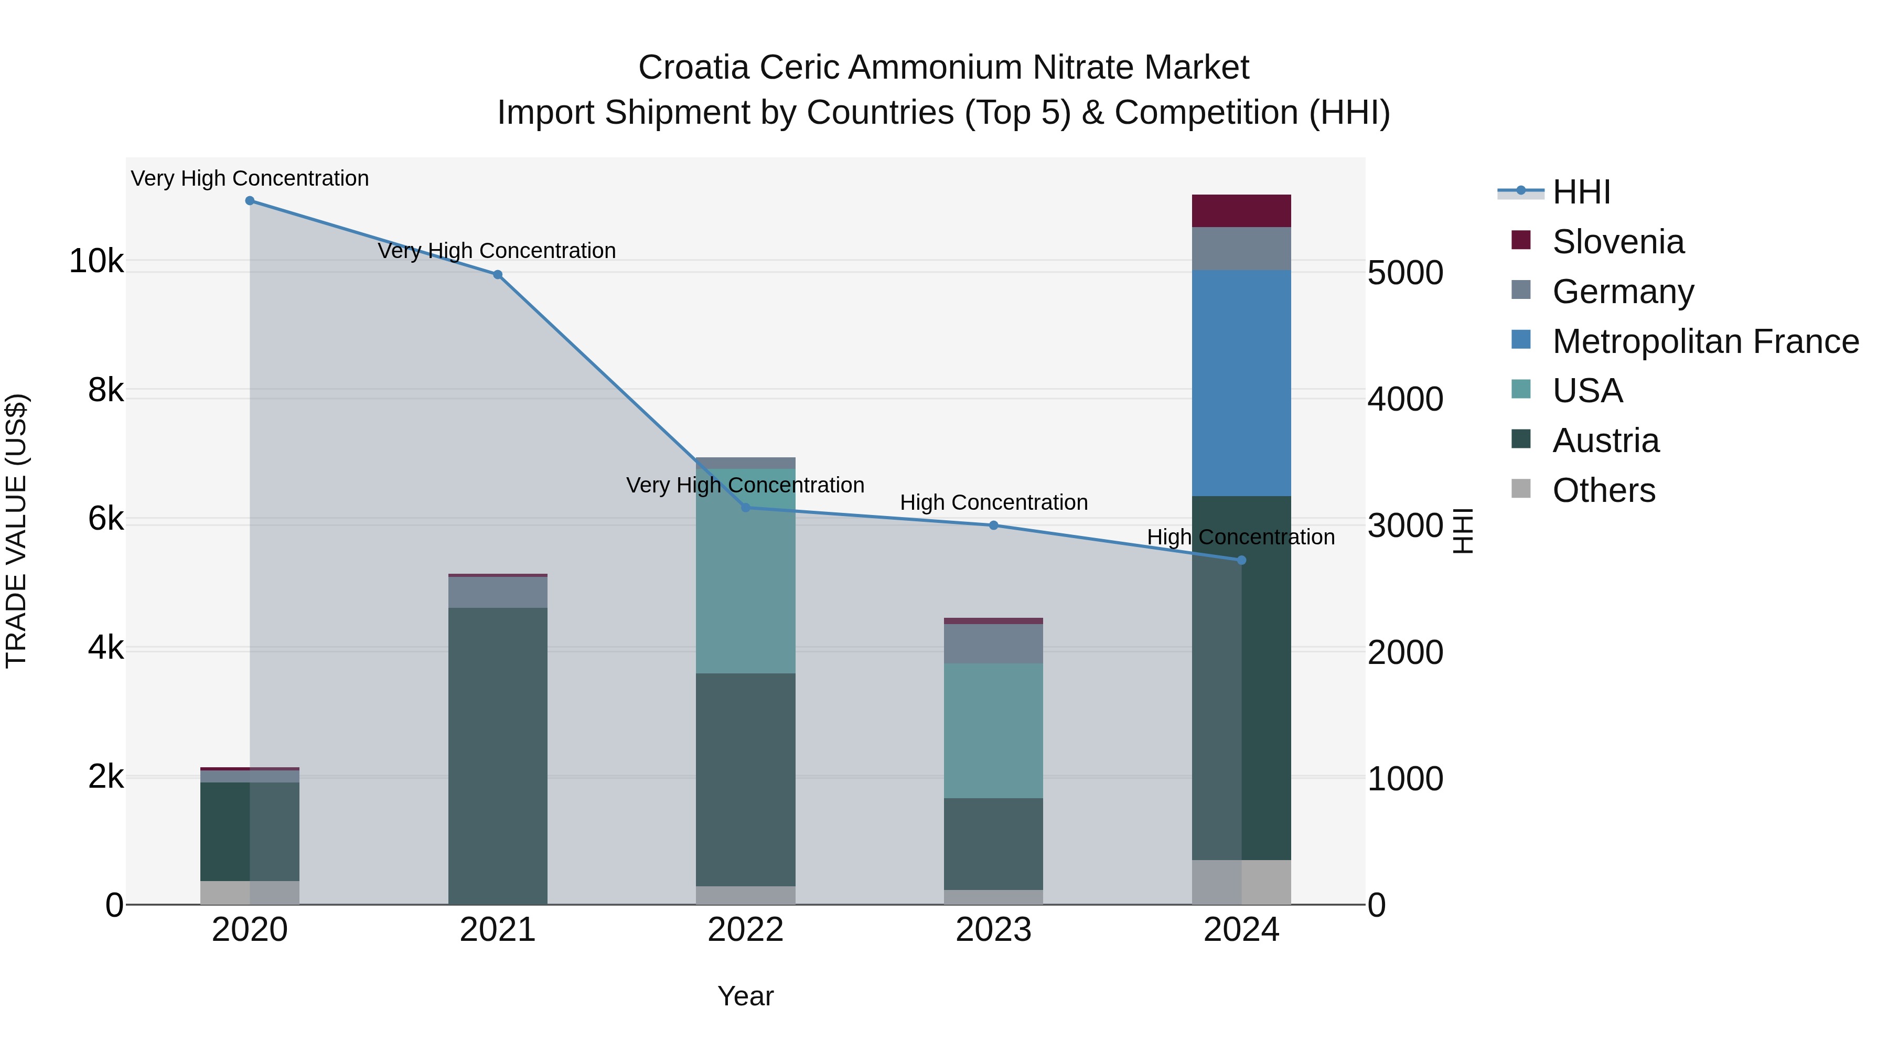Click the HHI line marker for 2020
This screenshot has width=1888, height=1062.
pos(250,201)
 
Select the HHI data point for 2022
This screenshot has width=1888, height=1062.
pos(745,508)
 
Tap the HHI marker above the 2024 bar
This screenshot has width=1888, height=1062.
pos(1241,561)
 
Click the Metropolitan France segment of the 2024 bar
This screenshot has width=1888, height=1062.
pos(1241,383)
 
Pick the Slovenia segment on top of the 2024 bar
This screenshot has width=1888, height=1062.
pos(1241,211)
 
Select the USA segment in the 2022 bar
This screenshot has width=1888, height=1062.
pos(745,571)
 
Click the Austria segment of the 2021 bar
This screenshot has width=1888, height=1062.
pos(498,755)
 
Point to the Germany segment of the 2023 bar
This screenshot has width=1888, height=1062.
pos(993,643)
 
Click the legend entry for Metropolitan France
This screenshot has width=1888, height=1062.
pos(1705,341)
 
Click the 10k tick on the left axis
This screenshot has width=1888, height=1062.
pos(96,262)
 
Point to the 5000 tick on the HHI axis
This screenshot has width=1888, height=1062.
pos(1405,273)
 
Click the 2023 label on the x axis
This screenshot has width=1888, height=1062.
pos(993,930)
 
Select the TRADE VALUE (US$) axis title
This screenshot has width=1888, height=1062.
pos(17,531)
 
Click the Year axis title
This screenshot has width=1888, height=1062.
pos(745,996)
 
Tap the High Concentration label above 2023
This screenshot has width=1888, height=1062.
pos(993,503)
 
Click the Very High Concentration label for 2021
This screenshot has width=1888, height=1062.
pos(497,251)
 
